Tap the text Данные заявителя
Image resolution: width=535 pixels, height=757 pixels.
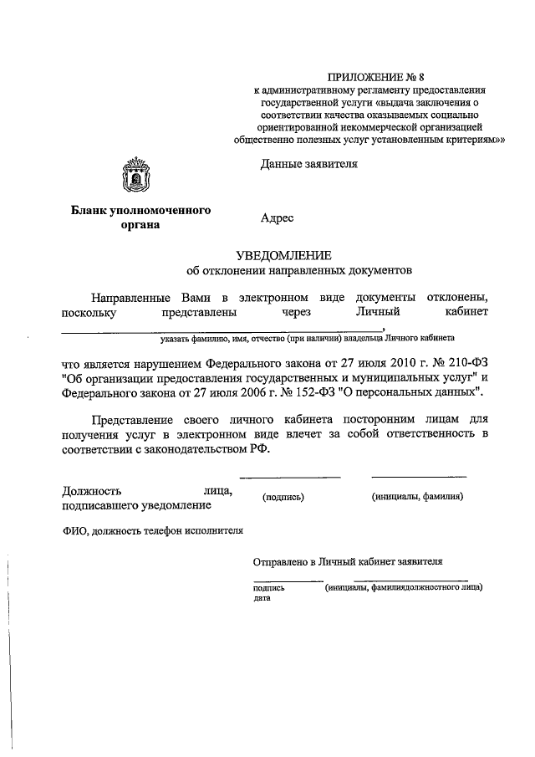[308, 164]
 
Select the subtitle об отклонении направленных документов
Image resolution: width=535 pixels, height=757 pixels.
[298, 272]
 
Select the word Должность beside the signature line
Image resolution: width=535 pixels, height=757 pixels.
[92, 491]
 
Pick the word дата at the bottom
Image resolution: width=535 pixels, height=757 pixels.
[262, 599]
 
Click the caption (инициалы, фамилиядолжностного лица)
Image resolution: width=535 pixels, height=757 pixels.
[403, 587]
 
